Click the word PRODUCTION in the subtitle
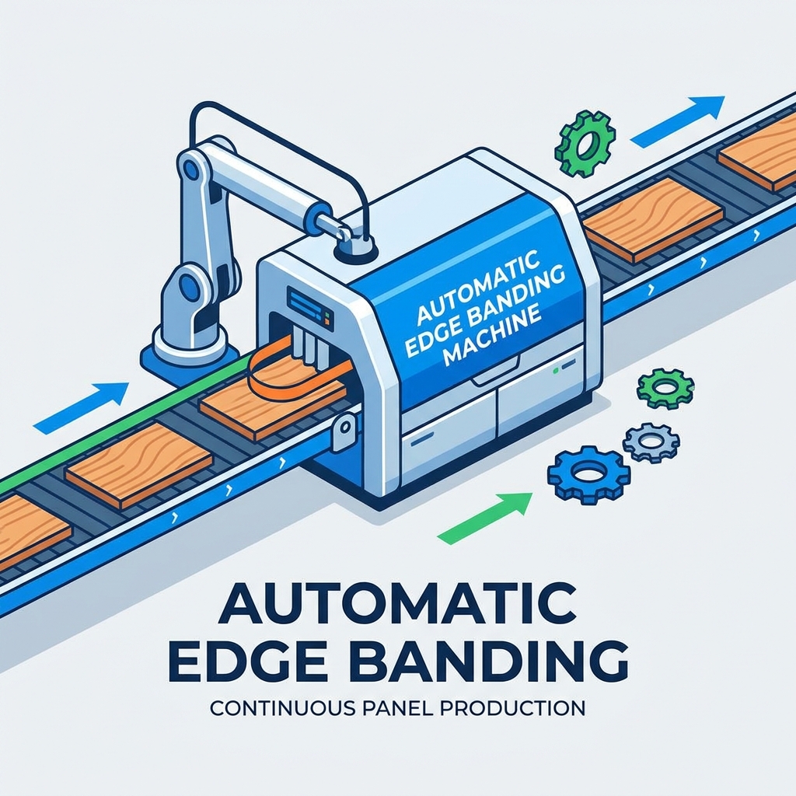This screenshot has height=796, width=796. point(512,707)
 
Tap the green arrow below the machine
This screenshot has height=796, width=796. point(485,518)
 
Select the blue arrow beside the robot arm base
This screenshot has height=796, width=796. point(81,407)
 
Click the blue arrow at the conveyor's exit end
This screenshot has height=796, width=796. point(677,121)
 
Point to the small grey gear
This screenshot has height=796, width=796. point(651,440)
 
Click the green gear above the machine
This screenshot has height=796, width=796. point(585,144)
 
